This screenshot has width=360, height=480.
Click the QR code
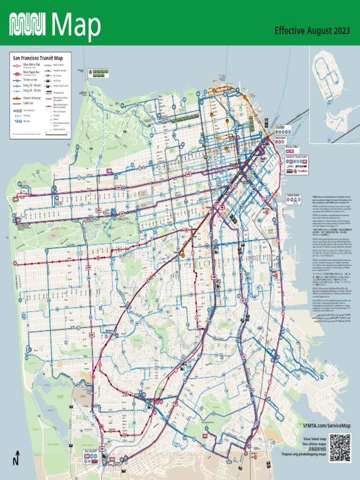coord(340,447)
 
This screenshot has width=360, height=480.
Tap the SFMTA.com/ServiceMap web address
coord(326,425)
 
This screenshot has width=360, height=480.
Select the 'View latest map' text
coord(315,439)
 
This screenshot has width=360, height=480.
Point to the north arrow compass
coord(16,458)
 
